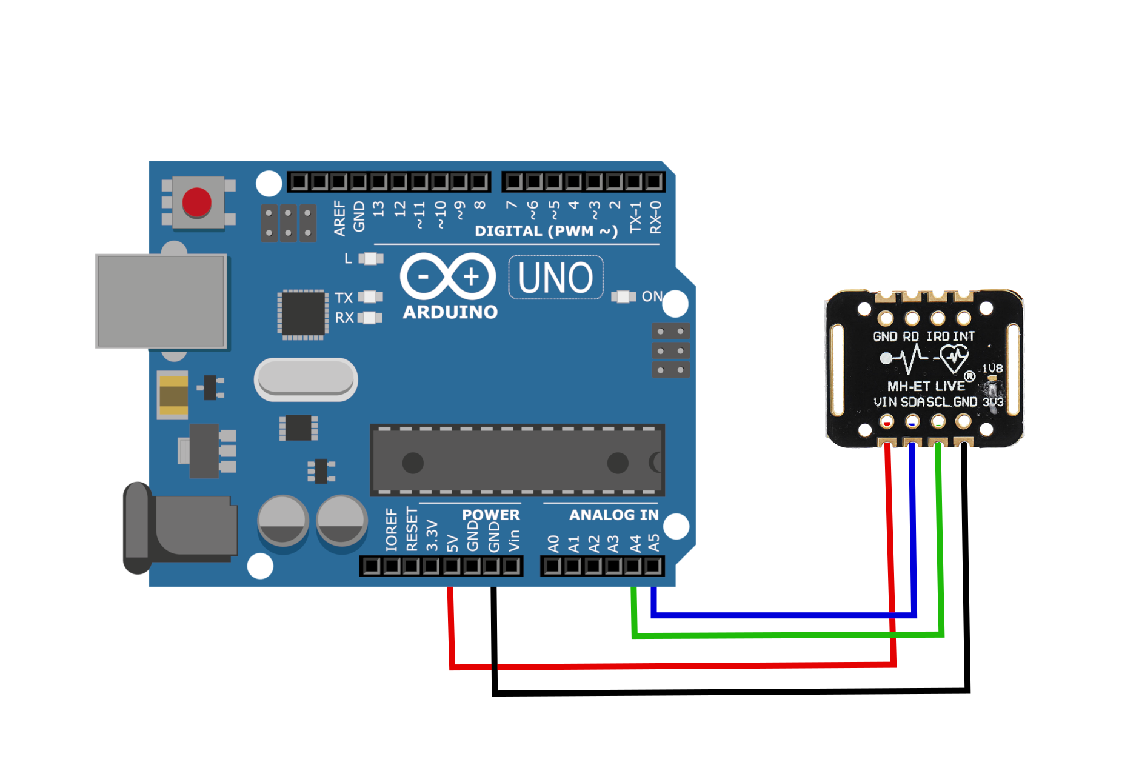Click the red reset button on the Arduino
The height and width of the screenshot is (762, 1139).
(x=197, y=202)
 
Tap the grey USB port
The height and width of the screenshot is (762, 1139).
(x=161, y=301)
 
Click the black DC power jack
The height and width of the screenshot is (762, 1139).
(x=182, y=527)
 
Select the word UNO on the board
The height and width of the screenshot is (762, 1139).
(x=555, y=278)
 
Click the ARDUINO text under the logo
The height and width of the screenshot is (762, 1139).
(x=450, y=312)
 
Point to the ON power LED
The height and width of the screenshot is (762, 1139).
(x=623, y=296)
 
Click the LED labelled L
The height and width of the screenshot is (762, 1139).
(x=370, y=259)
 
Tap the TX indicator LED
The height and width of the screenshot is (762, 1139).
(x=370, y=296)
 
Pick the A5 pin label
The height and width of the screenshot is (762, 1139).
(x=653, y=543)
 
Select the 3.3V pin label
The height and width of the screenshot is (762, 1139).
(x=432, y=535)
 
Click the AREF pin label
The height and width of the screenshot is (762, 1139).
(x=339, y=218)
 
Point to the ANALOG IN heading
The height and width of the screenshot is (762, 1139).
(x=613, y=515)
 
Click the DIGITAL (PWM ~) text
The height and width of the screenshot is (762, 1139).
(x=546, y=231)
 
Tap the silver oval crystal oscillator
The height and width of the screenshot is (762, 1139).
(x=306, y=379)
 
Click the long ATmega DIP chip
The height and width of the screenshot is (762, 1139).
(x=517, y=460)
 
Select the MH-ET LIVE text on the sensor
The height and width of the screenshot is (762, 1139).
(x=926, y=386)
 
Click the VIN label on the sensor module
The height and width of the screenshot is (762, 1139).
(x=885, y=402)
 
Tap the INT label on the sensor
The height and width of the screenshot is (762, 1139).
(x=963, y=336)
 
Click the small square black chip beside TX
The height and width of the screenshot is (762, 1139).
(x=302, y=313)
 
